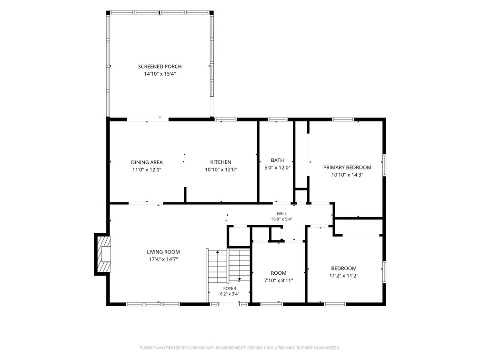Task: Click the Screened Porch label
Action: click(160, 67)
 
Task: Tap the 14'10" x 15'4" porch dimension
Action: click(160, 74)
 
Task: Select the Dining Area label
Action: click(147, 162)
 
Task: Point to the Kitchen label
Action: click(221, 162)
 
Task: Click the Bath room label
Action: click(277, 160)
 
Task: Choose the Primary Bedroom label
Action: click(347, 168)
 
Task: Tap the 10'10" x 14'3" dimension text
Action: click(347, 175)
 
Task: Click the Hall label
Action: click(281, 214)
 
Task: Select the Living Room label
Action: click(163, 252)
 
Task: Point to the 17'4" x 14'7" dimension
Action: click(163, 259)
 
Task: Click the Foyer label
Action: click(230, 289)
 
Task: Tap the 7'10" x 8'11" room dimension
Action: click(279, 280)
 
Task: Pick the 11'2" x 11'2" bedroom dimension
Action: click(344, 276)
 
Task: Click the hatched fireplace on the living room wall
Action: click(103, 254)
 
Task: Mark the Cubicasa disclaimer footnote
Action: click(240, 348)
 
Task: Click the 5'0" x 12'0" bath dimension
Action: click(277, 168)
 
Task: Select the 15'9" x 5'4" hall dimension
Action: click(281, 219)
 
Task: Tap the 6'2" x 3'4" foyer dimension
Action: click(230, 294)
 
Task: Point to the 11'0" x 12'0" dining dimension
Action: click(147, 170)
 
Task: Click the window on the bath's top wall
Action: click(278, 120)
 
